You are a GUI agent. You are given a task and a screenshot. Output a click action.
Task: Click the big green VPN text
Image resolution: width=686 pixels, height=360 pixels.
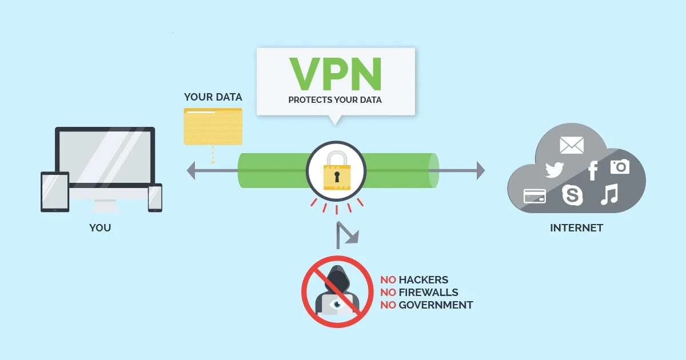[x=335, y=74]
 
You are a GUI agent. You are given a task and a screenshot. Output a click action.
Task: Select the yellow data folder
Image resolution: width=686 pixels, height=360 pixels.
[x=213, y=126]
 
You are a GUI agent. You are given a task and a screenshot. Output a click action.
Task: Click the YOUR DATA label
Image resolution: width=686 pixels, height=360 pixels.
[x=213, y=97]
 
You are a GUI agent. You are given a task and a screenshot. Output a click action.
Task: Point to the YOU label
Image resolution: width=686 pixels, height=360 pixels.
[x=100, y=228]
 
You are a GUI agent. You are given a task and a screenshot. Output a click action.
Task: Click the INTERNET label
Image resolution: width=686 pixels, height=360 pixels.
[x=576, y=228]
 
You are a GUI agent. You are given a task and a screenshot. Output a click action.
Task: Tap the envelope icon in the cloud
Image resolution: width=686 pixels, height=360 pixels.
[x=572, y=145]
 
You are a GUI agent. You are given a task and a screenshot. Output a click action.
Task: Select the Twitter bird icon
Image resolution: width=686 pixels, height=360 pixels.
[x=554, y=170]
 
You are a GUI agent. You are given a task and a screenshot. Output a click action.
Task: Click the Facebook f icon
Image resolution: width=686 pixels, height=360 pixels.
[x=593, y=170]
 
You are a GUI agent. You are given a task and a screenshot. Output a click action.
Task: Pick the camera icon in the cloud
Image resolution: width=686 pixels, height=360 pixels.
[x=620, y=166]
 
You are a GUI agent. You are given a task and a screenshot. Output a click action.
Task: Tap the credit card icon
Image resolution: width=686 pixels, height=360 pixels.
[x=535, y=196]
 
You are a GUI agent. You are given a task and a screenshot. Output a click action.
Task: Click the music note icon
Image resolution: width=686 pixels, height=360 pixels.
[x=609, y=194]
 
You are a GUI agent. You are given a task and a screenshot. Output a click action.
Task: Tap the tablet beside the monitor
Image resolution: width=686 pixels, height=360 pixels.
[x=55, y=191]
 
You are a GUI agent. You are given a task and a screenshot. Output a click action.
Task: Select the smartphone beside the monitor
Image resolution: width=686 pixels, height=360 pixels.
[x=155, y=197]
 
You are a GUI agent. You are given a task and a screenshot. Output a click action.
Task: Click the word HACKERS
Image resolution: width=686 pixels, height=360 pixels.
[x=424, y=280]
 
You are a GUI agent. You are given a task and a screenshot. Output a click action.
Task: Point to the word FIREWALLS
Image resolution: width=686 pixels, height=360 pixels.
[x=428, y=293]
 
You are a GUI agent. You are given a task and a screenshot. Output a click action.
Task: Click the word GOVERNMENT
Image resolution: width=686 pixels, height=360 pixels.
[x=436, y=305]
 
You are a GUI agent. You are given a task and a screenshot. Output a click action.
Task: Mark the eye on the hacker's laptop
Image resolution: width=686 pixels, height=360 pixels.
[x=337, y=304]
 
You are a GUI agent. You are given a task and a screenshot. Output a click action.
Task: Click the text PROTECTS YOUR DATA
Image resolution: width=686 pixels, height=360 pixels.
[x=335, y=100]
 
